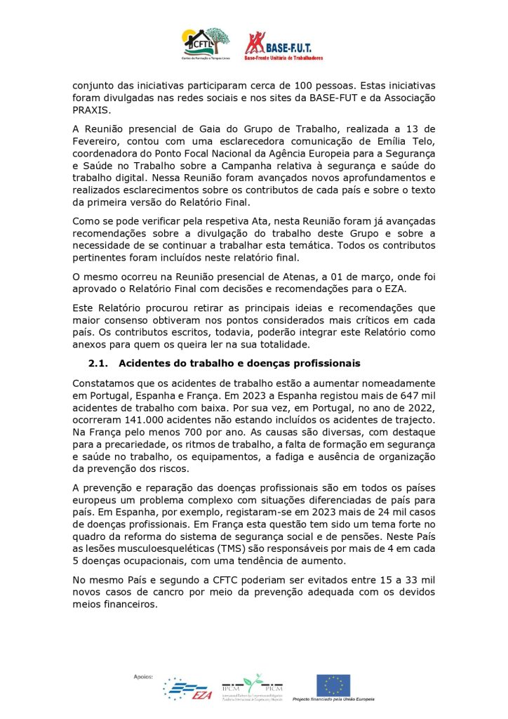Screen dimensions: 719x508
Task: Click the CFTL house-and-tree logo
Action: (x=206, y=44)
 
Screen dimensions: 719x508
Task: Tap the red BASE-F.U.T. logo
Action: (x=283, y=46)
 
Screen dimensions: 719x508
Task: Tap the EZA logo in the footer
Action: (x=187, y=690)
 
